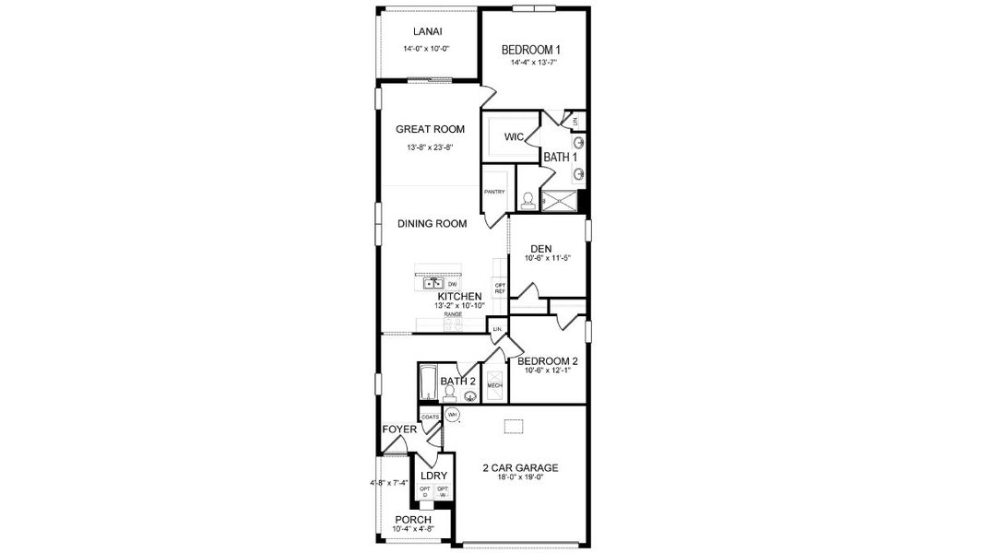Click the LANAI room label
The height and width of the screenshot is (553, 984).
[426, 31]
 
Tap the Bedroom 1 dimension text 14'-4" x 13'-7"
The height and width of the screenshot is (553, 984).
[532, 64]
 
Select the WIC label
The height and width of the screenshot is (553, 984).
[514, 137]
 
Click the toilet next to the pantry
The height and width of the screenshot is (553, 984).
[528, 198]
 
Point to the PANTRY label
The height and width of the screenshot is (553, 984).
[493, 192]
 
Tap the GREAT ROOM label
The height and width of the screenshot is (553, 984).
[430, 129]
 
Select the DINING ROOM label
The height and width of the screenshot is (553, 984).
[432, 223]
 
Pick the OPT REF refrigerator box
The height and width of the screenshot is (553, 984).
[500, 288]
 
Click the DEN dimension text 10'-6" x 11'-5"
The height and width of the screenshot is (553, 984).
[548, 259]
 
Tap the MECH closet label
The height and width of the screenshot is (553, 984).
[494, 385]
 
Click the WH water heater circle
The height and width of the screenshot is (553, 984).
[452, 416]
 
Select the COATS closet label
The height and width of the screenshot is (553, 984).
[430, 418]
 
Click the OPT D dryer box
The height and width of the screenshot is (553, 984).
[425, 492]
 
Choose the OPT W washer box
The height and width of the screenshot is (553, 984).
[442, 492]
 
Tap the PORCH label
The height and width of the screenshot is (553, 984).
[412, 520]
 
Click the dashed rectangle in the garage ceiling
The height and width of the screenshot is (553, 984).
[513, 426]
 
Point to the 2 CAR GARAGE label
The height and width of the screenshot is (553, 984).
[520, 467]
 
